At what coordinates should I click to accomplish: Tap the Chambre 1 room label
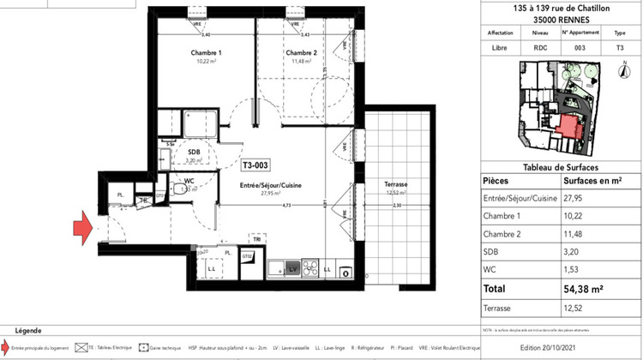206,53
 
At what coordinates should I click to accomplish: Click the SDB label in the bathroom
194,151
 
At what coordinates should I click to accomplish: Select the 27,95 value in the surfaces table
575,198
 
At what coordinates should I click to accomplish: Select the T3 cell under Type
620,50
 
